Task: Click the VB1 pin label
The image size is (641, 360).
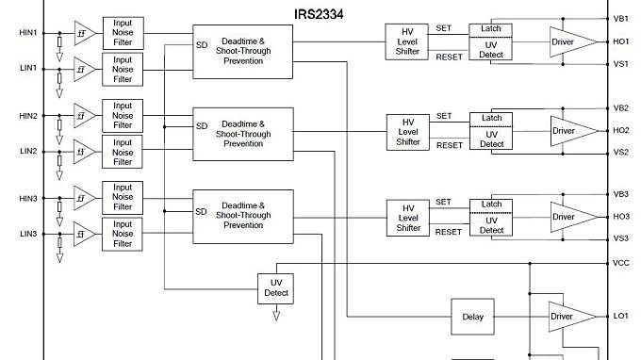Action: [x=620, y=18]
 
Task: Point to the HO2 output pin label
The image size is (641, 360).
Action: [x=620, y=130]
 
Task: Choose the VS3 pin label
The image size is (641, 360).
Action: [x=620, y=237]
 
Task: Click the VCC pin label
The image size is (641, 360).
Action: [x=620, y=264]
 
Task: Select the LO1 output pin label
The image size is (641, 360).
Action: [x=620, y=316]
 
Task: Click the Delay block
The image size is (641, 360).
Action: [x=472, y=317]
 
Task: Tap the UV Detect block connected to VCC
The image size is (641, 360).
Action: [x=276, y=288]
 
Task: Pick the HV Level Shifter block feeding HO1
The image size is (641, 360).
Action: [x=407, y=41]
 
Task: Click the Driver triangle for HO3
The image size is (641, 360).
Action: [x=569, y=217]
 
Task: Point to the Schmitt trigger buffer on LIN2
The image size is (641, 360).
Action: [x=85, y=150]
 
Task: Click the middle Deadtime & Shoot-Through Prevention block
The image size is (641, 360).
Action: [x=242, y=133]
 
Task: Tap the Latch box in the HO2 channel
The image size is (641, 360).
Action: [x=491, y=118]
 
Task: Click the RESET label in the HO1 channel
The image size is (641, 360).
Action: [x=450, y=57]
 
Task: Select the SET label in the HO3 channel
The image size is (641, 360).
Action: [x=444, y=202]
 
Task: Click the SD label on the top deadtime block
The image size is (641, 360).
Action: [x=201, y=43]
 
